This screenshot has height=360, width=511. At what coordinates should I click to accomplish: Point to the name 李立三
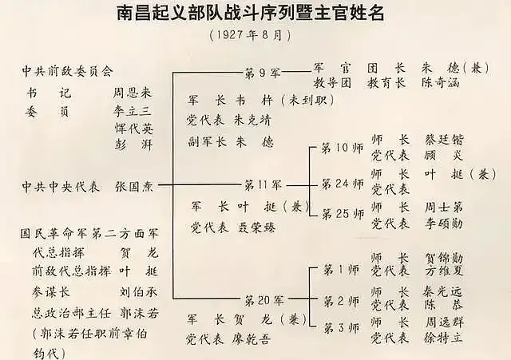133,110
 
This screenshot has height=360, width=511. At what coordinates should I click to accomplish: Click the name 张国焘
136,185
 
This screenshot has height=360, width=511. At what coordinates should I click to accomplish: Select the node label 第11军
263,184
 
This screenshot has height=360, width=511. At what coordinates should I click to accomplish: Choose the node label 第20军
263,300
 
